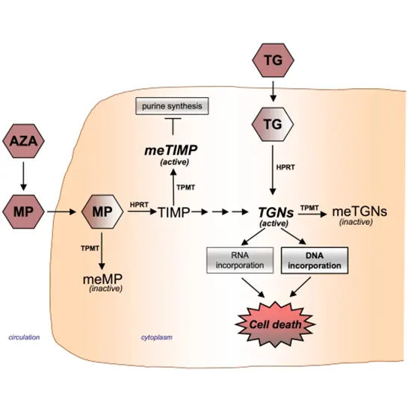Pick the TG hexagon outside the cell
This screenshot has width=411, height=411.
click(x=274, y=61)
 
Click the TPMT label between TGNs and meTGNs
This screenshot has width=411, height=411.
click(x=310, y=205)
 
